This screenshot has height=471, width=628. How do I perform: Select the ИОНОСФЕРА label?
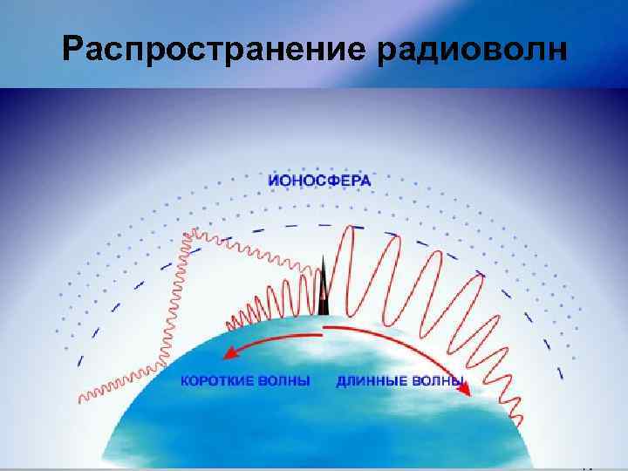click(320, 181)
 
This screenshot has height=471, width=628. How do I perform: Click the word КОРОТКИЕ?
click(220, 381)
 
